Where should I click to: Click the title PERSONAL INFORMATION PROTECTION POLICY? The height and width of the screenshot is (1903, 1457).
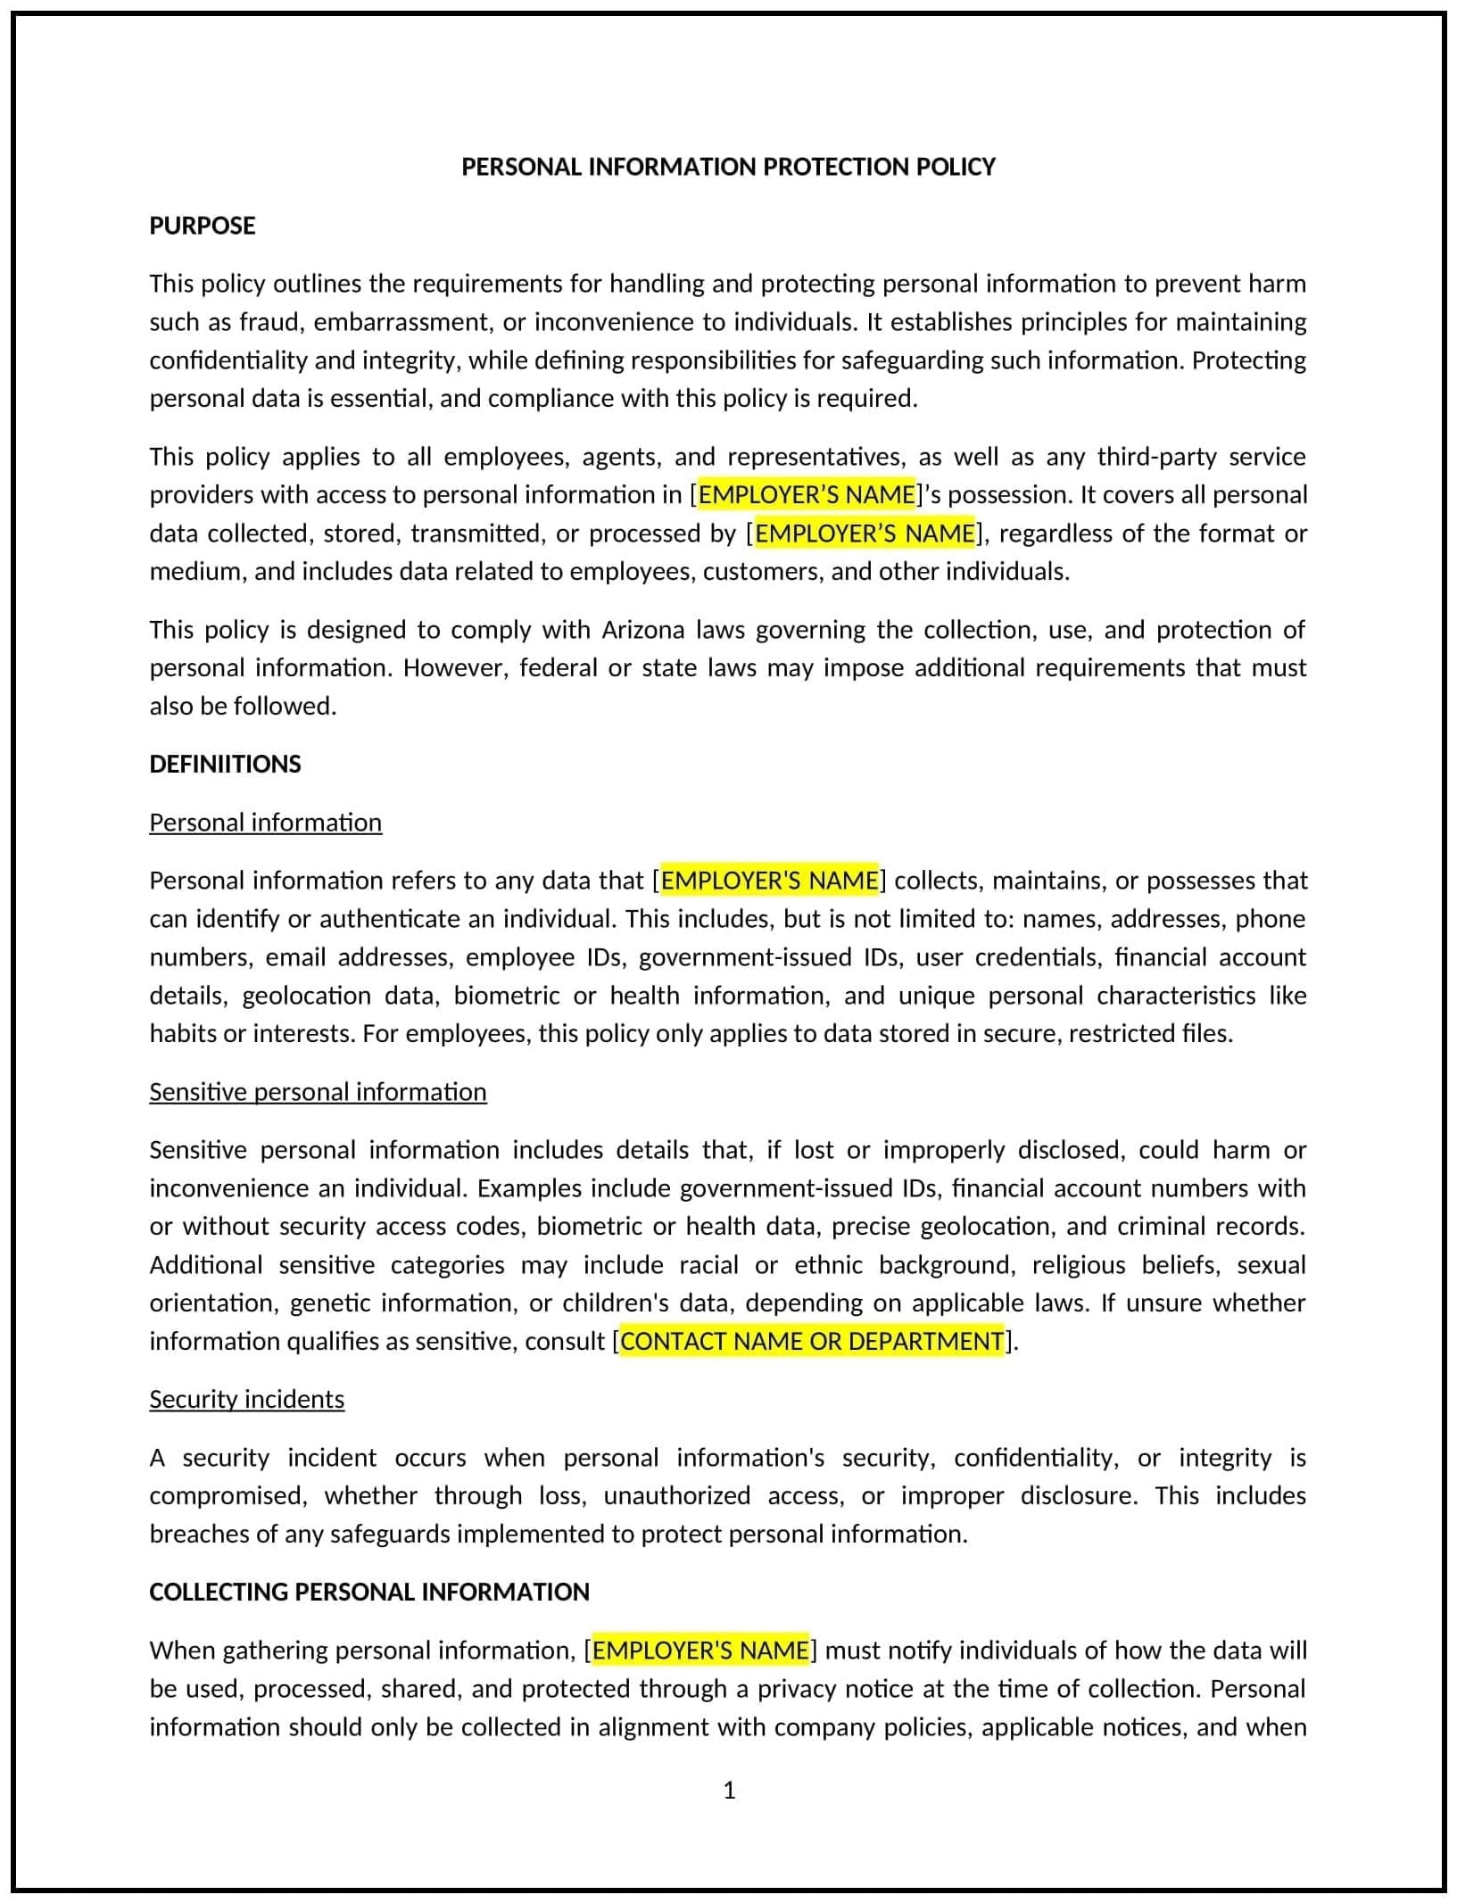(728, 167)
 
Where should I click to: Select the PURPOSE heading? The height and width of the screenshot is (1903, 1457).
(203, 226)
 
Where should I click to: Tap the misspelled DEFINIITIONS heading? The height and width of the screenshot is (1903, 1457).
(225, 765)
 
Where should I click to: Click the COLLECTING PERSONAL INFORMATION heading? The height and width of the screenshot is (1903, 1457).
(369, 1593)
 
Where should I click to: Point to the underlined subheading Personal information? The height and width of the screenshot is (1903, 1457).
(265, 823)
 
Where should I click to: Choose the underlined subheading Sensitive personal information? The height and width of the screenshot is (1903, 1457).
(318, 1092)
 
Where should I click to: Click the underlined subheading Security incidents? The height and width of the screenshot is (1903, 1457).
(246, 1400)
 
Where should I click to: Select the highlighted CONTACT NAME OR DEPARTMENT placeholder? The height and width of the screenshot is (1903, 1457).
(812, 1342)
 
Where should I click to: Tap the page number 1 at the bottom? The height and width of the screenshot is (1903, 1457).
(729, 1791)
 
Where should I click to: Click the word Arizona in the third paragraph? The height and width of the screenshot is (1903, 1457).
(643, 630)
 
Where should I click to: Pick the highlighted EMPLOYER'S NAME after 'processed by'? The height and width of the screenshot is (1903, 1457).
(865, 534)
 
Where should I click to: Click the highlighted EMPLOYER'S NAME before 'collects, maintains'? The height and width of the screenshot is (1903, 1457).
(769, 881)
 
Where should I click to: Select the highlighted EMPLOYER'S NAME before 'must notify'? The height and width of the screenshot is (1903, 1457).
(700, 1651)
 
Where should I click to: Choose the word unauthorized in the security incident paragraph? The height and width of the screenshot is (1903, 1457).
(677, 1496)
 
